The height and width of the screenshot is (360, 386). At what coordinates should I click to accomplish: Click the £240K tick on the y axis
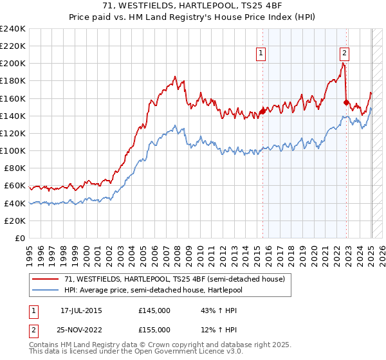[x=13, y=29]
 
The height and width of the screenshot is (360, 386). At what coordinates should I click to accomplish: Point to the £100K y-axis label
[x=13, y=150]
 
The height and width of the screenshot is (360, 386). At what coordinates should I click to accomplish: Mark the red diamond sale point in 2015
[x=262, y=111]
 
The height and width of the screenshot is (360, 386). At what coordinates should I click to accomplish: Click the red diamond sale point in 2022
[x=346, y=102]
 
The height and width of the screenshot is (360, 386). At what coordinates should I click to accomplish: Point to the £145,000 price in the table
[x=154, y=310]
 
